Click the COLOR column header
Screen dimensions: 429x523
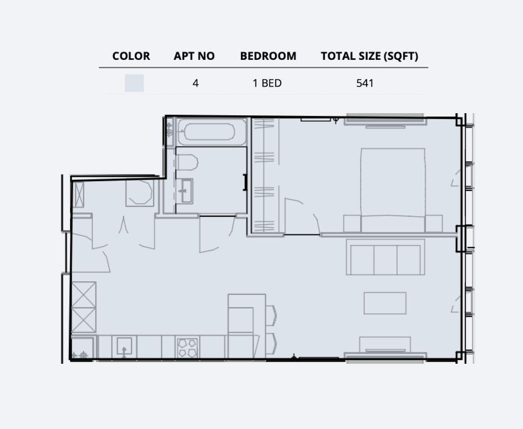[131, 56]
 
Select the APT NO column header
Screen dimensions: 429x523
[194, 56]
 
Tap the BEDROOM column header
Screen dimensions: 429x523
[268, 56]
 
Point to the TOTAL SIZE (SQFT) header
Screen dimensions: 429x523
[369, 56]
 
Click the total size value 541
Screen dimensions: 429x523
[365, 83]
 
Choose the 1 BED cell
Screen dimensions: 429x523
[267, 83]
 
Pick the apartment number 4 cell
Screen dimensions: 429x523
[195, 83]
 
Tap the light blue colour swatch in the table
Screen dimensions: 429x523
[134, 83]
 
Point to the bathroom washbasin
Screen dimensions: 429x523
[187, 191]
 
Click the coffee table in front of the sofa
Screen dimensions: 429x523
[385, 303]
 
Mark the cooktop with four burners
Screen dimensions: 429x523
[188, 347]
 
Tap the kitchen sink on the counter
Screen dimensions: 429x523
[124, 347]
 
